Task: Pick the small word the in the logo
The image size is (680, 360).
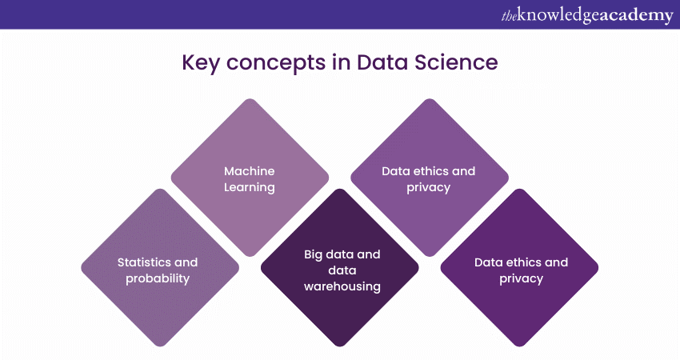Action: (x=506, y=14)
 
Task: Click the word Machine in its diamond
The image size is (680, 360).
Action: (x=250, y=171)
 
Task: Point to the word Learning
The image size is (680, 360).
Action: (x=250, y=187)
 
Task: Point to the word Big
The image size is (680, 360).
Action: (x=314, y=254)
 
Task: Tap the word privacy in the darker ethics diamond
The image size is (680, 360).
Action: (x=521, y=278)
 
